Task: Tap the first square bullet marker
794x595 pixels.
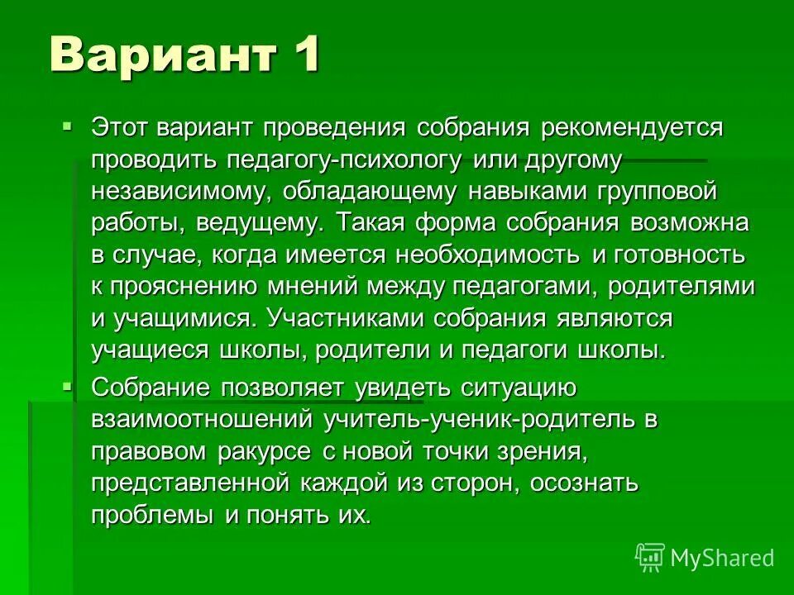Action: (x=67, y=126)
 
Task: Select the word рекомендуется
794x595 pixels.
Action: (x=633, y=128)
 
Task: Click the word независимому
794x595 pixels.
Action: (x=179, y=192)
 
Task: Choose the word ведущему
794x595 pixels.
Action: (x=266, y=223)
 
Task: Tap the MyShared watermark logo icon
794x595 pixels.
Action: (x=650, y=558)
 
